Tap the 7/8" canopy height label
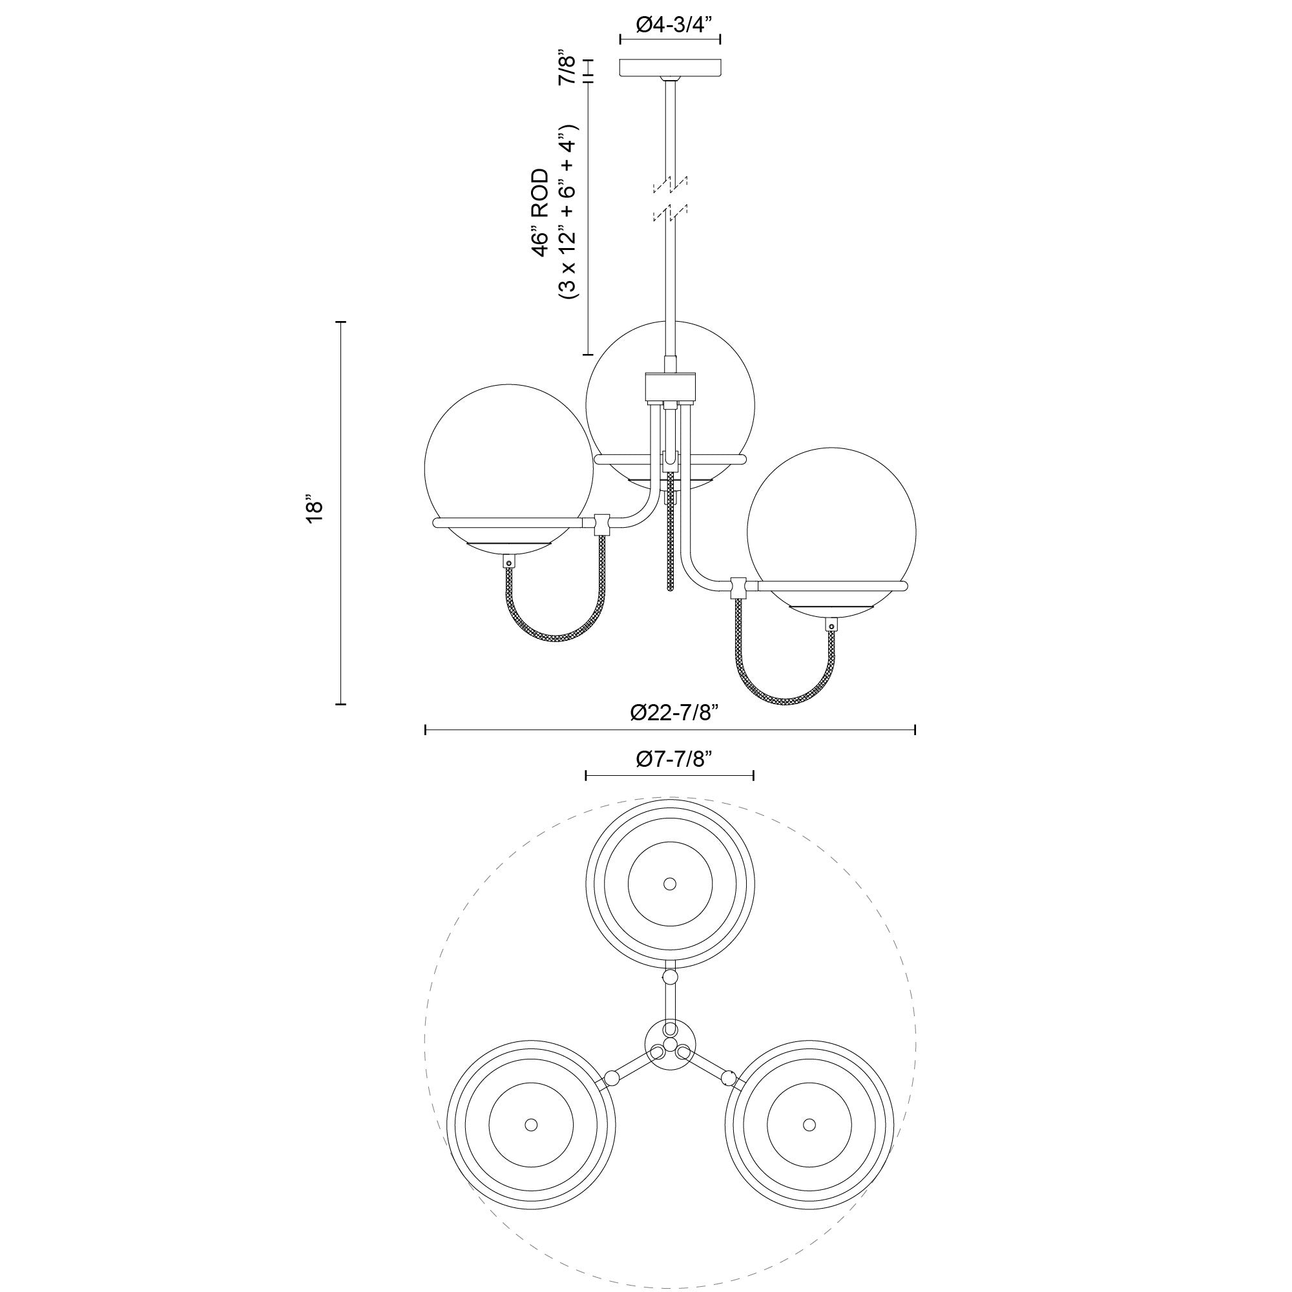567,66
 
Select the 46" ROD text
539,213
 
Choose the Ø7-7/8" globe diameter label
671,759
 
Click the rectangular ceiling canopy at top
670,68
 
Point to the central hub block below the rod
670,387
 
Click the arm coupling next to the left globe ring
602,524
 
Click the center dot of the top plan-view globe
669,883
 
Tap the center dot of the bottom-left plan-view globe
531,1124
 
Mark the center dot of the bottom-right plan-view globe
809,1123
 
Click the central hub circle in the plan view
671,1052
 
